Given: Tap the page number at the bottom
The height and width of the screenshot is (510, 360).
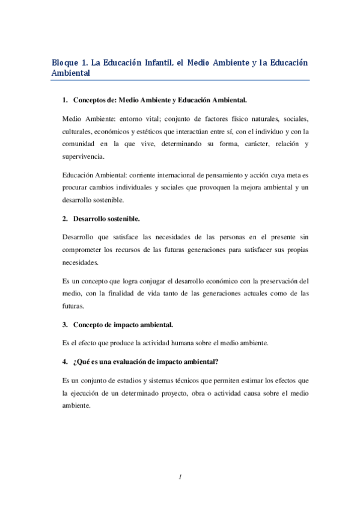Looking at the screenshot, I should (x=180, y=477).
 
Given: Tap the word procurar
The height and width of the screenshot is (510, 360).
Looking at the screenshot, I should (x=75, y=188).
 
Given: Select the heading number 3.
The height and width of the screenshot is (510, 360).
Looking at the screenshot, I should (x=65, y=325).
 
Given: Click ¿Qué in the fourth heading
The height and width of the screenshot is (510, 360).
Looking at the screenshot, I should (x=82, y=361).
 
